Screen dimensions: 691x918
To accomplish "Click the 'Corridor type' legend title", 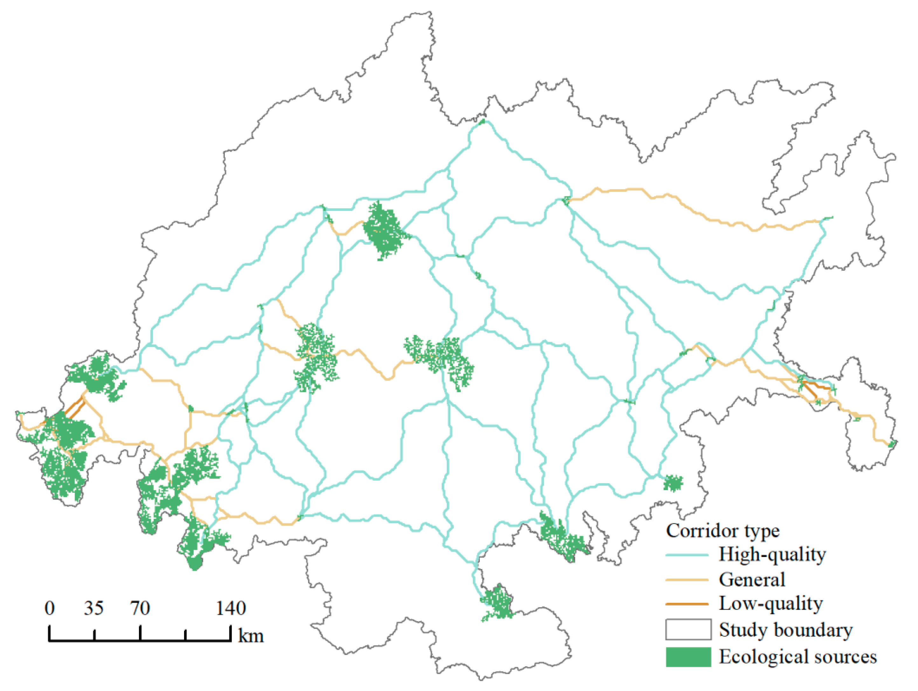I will pos(722,531).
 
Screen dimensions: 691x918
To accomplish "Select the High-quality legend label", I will pos(772,555).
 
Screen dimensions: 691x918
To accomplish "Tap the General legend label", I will pos(752,579).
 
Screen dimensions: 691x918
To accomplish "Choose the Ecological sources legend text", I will pos(798,657).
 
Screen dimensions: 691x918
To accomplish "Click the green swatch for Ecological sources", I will pos(688,657).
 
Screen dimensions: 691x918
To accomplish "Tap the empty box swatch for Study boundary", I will pos(688,630).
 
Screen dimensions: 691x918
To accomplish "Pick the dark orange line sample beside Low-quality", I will pos(687,604).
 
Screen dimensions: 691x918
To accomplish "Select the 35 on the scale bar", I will pos(94,608).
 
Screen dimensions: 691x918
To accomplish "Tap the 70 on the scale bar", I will pos(140,608).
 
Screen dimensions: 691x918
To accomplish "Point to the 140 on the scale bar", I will pos(231,608).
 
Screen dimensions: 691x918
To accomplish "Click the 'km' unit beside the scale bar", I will pos(251,636).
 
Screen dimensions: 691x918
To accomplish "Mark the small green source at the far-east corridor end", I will pos(892,444).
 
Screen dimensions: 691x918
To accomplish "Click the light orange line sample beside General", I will pos(687,580).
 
